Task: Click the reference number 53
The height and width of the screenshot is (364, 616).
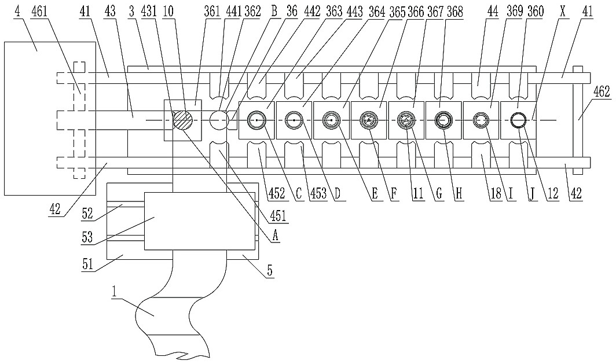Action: [x=87, y=237]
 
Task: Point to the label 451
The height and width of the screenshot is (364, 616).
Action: [x=278, y=216]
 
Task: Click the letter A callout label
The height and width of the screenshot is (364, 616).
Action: [x=275, y=235]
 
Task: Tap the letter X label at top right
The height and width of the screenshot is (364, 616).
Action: [x=563, y=12]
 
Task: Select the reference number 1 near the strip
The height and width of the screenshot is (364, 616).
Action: [x=114, y=292]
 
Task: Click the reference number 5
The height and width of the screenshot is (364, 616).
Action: [x=270, y=271]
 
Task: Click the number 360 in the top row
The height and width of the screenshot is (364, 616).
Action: [x=535, y=12]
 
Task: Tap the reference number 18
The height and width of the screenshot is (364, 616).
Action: [x=496, y=193]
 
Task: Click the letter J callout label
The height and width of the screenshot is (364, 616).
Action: [x=532, y=193]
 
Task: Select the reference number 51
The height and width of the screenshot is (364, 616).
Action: [x=87, y=263]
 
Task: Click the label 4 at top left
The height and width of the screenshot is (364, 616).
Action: [x=17, y=12]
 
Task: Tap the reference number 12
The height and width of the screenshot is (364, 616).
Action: [x=553, y=193]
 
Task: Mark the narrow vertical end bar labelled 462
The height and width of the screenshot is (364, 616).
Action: [x=577, y=120]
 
